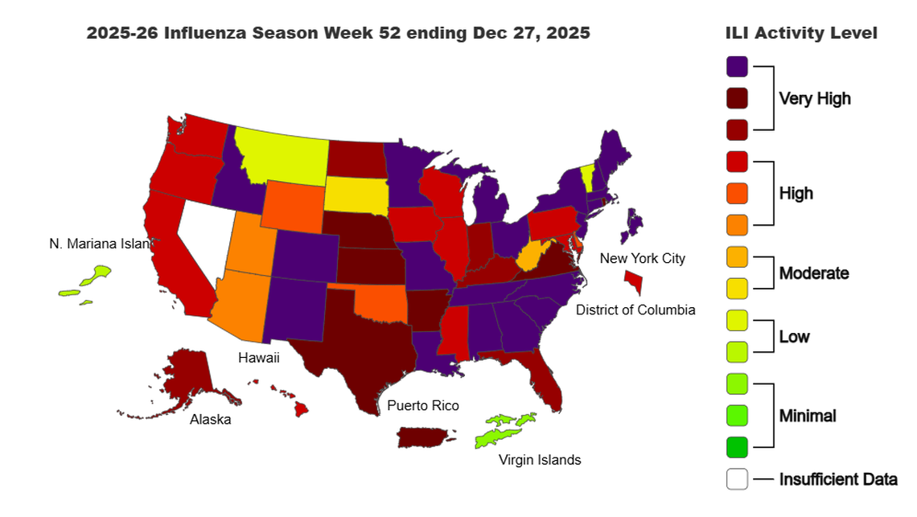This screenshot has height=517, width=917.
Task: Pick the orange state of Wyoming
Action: (290, 205)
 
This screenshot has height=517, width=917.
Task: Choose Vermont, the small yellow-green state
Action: (587, 175)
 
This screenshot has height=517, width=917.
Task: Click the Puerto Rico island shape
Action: (425, 437)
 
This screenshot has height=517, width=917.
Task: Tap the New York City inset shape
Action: (634, 281)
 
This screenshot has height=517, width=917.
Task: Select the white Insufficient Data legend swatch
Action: (737, 479)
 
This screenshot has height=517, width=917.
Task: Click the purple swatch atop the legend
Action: (737, 67)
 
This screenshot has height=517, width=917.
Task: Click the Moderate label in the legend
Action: (813, 273)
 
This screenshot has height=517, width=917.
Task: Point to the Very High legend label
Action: (814, 99)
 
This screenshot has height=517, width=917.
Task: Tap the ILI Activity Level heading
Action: (800, 33)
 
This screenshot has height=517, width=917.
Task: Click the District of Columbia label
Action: (635, 310)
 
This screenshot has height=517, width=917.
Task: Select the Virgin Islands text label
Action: (540, 460)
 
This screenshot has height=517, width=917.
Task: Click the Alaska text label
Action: (210, 419)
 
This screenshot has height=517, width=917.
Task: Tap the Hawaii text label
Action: (258, 358)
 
